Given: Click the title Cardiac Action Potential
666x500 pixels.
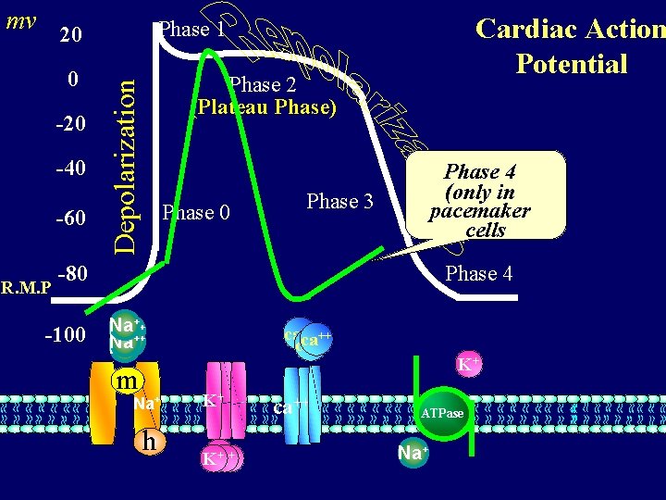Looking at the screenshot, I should [570, 46].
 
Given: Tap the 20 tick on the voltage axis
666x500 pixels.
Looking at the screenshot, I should [71, 36].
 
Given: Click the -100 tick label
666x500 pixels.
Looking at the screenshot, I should [66, 334].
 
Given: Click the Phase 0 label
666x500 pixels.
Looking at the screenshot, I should [195, 213].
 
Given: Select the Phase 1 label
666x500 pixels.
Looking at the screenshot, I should [191, 29].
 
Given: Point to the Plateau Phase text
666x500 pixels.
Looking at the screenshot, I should [266, 107].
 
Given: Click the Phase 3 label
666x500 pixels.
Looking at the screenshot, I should [339, 201].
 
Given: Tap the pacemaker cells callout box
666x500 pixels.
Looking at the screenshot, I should [486, 195].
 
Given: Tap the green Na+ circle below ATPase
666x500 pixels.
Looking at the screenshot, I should [413, 454].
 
